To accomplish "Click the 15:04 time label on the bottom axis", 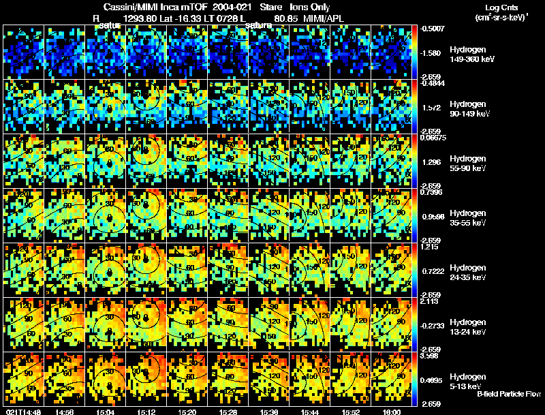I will [106, 412].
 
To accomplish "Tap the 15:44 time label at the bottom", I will [311, 412].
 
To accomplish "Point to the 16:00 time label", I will [392, 412].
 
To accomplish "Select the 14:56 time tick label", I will [65, 412].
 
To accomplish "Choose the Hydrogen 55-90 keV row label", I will [470, 164].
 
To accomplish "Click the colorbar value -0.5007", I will [433, 29].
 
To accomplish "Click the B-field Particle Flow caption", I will [508, 394].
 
